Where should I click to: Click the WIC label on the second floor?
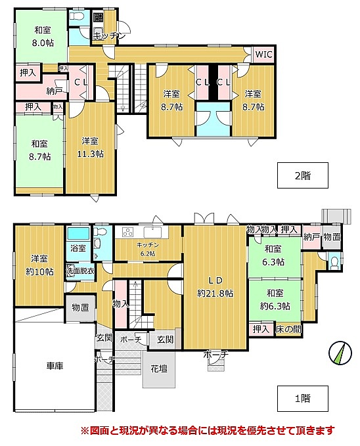pos(263,55)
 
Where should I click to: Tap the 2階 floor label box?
pos(302,175)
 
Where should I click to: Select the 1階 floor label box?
pos(302,398)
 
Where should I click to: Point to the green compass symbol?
pos(340,353)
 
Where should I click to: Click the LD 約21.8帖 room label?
pos(215,286)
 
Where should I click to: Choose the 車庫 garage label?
pos(55,366)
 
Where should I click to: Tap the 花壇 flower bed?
pos(159,369)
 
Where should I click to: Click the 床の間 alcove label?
pos(288,329)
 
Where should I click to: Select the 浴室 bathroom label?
pos(78,248)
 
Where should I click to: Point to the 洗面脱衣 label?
pos(80,271)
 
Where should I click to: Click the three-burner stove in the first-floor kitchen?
pos(128,232)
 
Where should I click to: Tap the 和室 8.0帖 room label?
pos(43,36)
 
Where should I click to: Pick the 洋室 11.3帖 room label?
pos(90,147)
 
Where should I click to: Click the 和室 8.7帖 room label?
pos(39,150)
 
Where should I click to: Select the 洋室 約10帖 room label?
pos(39,265)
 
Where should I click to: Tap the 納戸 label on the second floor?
pos(55,91)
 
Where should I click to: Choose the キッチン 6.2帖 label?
pos(147,249)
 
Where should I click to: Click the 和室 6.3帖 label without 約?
pos(273,255)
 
